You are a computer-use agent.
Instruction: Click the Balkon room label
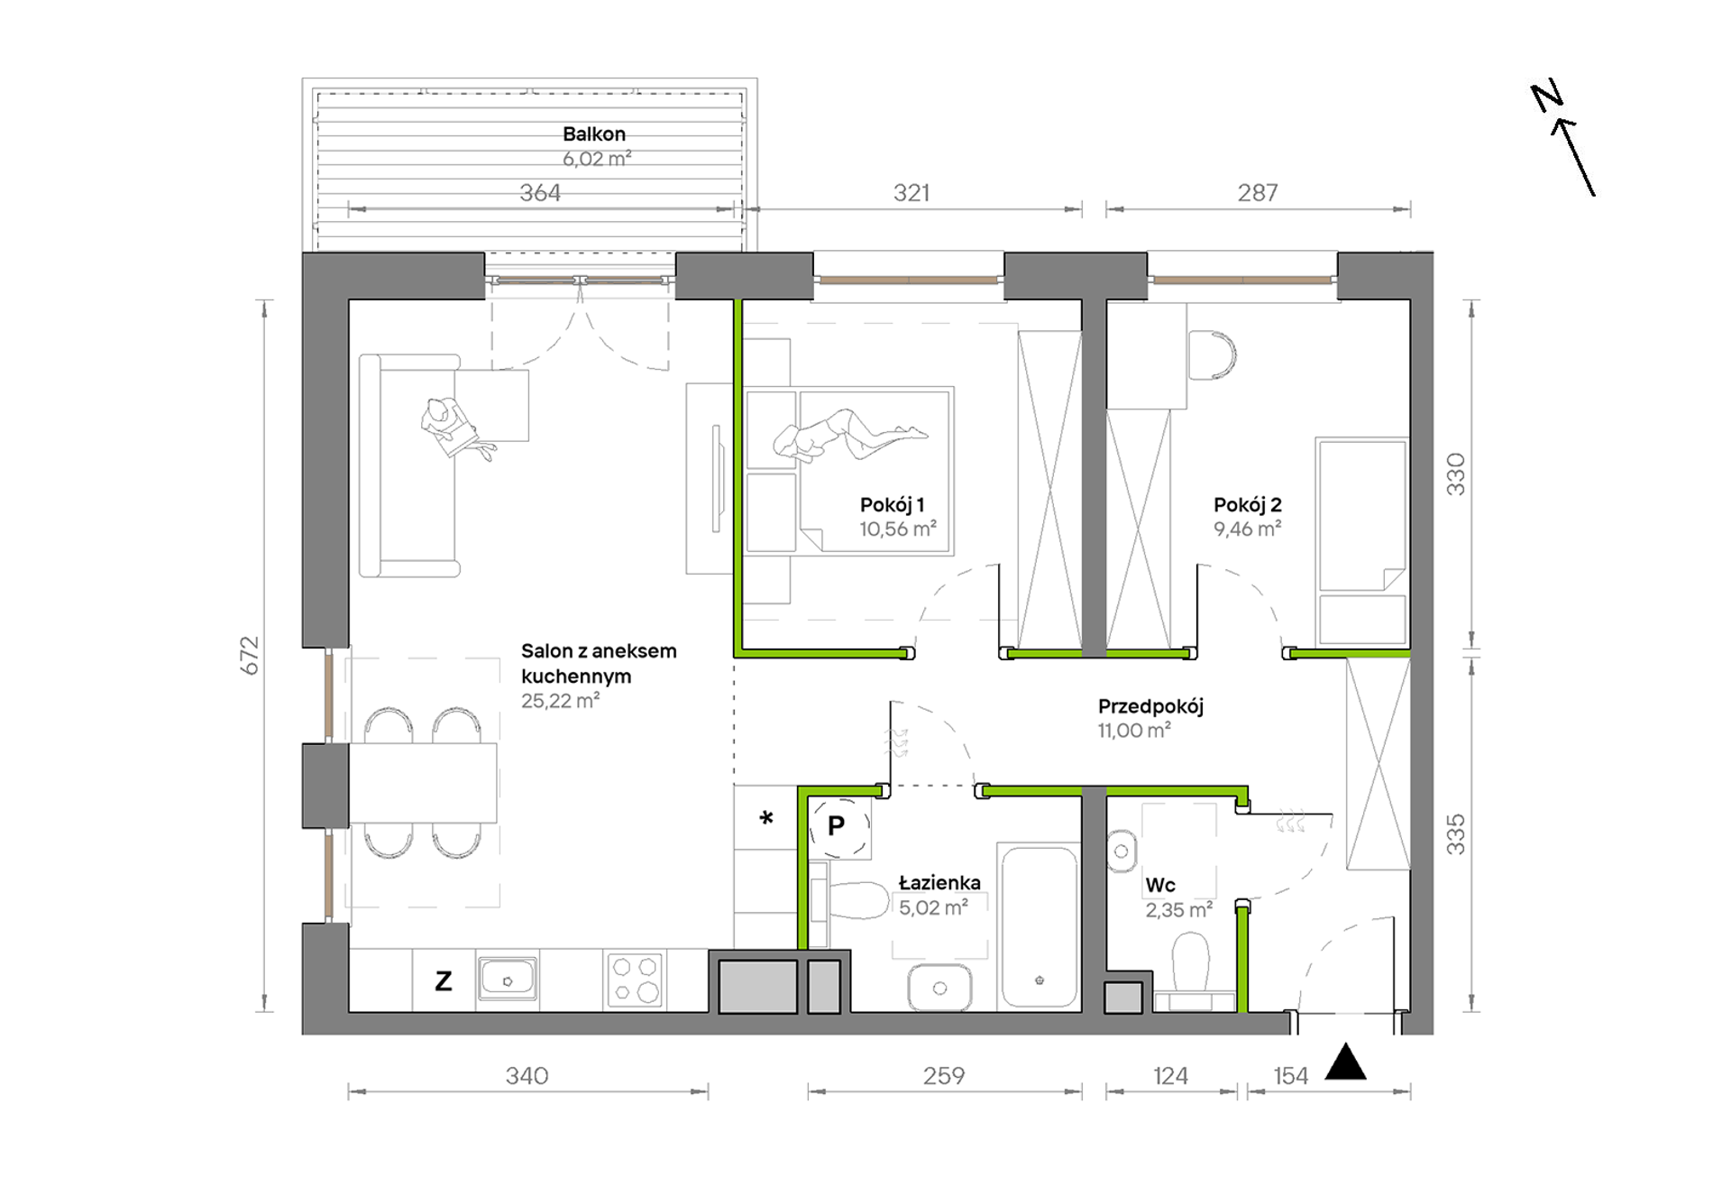point(594,134)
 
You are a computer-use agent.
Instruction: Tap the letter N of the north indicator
point(1547,96)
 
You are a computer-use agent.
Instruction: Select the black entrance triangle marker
point(1346,1062)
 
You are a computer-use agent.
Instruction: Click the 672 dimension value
point(250,656)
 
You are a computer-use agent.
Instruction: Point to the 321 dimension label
point(911,193)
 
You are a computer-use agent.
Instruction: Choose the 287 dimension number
point(1258,193)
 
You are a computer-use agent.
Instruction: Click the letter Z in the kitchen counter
point(444,981)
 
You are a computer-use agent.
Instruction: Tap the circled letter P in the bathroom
point(838,826)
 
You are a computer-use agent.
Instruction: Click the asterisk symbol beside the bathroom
point(766,818)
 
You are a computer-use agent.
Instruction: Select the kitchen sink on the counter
point(508,979)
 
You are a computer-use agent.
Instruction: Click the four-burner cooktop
point(635,980)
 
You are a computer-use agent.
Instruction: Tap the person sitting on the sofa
point(455,429)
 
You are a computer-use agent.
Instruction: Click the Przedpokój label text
point(1150,707)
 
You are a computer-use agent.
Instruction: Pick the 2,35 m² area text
point(1179,910)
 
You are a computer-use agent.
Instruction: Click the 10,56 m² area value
point(898,529)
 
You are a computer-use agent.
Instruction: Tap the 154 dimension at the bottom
point(1290,1076)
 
